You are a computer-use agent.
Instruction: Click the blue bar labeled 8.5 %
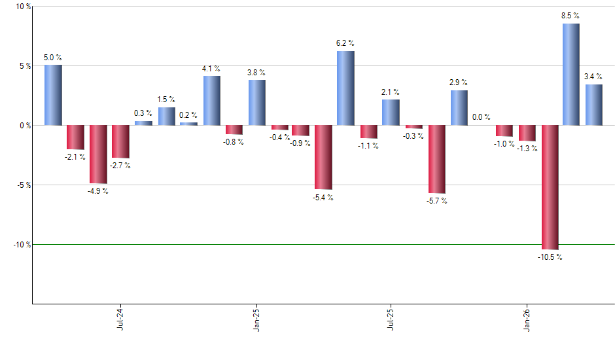(x=571, y=74)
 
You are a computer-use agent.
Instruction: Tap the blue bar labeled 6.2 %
(x=345, y=88)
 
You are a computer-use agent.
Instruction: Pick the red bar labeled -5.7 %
(x=436, y=159)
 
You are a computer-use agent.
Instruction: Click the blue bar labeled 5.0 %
(x=53, y=95)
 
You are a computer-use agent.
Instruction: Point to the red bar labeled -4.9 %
(x=98, y=154)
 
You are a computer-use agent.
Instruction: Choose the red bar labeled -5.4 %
(x=323, y=157)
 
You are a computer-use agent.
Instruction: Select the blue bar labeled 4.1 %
(x=211, y=100)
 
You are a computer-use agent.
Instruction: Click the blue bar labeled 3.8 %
(x=256, y=102)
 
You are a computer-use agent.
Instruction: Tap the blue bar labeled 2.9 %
(x=459, y=107)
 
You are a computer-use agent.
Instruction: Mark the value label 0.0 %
(x=481, y=117)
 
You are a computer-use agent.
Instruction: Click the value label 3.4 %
(x=593, y=77)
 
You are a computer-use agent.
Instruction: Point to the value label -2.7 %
(x=120, y=166)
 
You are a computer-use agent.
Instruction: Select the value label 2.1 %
(x=391, y=92)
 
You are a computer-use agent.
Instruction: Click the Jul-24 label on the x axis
(x=120, y=319)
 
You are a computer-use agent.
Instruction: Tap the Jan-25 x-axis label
(x=256, y=319)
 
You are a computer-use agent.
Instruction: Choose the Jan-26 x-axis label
(x=527, y=319)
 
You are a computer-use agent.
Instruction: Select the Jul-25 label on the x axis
(x=391, y=319)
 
